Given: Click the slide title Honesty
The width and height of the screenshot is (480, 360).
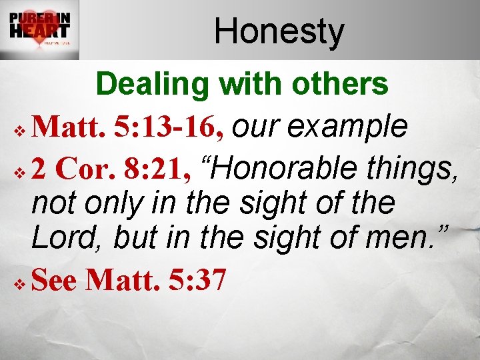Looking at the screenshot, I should pos(279,31).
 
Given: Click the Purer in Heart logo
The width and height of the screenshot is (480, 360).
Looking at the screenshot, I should pos(40,30).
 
